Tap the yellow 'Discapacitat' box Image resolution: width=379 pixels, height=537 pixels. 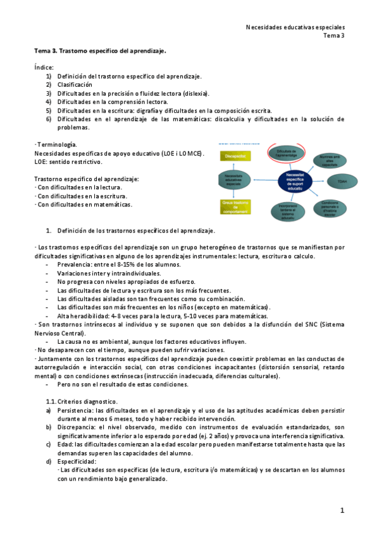(235, 156)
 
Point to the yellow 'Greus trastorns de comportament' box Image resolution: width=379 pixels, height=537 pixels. (233, 206)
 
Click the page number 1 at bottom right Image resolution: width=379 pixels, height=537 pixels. (342, 510)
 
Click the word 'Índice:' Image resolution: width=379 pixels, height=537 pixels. (44, 66)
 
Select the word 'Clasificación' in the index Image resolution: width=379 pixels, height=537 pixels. (75, 84)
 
